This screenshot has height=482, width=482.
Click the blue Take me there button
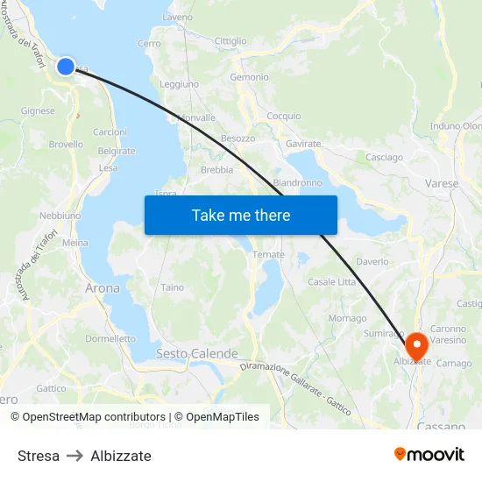(x=240, y=215)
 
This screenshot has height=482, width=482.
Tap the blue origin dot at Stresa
(x=66, y=66)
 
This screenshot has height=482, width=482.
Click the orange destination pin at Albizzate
(x=415, y=343)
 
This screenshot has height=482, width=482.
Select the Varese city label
(x=441, y=184)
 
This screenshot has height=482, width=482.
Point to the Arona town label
(x=103, y=287)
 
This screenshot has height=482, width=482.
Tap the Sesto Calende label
(x=196, y=353)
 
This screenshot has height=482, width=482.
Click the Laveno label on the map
(x=177, y=17)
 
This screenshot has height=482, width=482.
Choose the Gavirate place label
(x=303, y=144)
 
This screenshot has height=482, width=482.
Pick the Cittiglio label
(x=230, y=41)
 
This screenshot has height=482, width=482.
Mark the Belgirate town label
(x=117, y=151)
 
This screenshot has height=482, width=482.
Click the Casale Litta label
(x=332, y=281)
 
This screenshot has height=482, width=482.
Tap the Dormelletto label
(x=110, y=338)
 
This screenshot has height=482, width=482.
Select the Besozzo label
(x=237, y=138)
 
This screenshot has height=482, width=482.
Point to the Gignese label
(x=38, y=111)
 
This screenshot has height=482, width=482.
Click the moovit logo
(x=429, y=454)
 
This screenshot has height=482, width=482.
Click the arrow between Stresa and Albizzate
(x=75, y=456)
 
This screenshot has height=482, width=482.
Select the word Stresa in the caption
(x=39, y=456)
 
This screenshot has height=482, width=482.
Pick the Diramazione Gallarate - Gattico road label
(x=295, y=386)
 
